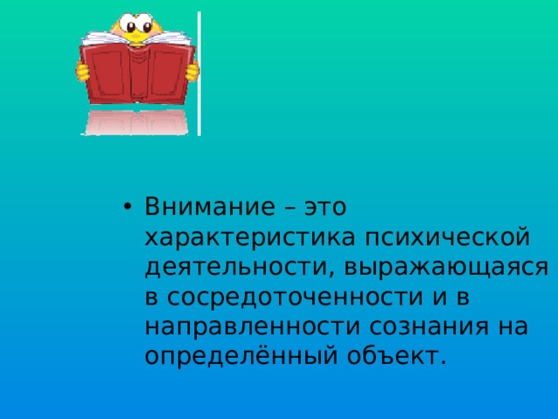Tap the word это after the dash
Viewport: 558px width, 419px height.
(x=323, y=209)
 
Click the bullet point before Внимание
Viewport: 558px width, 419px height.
(x=127, y=209)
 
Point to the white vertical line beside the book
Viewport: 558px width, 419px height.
(x=200, y=74)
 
